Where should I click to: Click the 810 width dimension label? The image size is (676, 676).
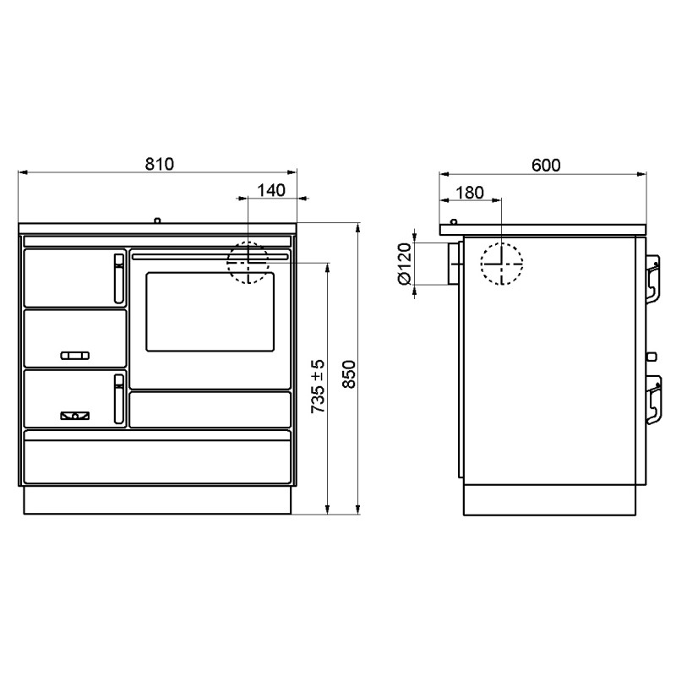pyautogui.click(x=159, y=164)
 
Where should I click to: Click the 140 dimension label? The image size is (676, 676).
pyautogui.click(x=271, y=190)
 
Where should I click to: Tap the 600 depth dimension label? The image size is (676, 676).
pyautogui.click(x=546, y=165)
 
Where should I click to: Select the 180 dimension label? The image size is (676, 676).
pyautogui.click(x=470, y=193)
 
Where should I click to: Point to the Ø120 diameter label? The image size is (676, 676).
pyautogui.click(x=405, y=264)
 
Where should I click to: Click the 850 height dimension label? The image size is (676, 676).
pyautogui.click(x=349, y=374)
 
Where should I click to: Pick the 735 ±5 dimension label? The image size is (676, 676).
pyautogui.click(x=318, y=386)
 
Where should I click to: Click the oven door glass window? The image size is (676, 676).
pyautogui.click(x=210, y=311)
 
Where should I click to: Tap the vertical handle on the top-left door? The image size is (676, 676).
pyautogui.click(x=119, y=279)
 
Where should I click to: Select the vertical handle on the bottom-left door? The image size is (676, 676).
pyautogui.click(x=119, y=399)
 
